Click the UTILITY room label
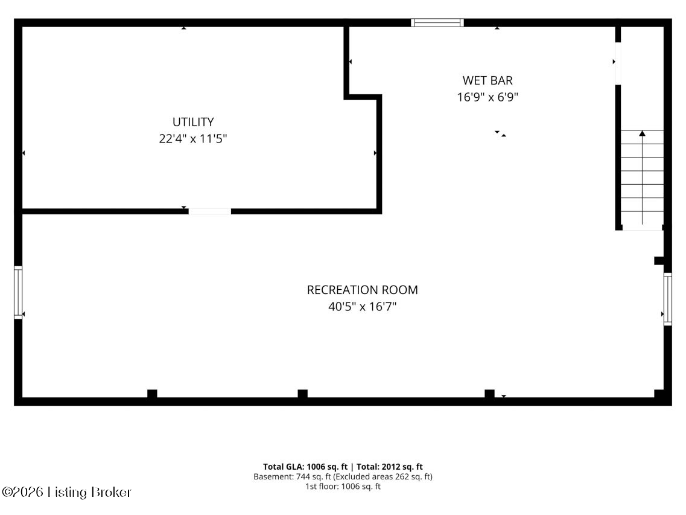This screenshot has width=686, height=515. coord(193,122)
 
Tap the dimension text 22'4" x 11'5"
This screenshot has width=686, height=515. coord(193,138)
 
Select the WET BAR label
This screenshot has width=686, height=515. coord(488,80)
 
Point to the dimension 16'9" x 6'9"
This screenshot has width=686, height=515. coord(488,97)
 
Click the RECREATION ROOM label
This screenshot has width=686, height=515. coord(362,290)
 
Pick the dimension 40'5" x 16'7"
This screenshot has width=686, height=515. coord(362,307)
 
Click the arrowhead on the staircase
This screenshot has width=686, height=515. coord(642,133)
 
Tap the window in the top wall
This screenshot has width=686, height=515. coord(437,23)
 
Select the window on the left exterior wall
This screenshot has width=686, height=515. coord(18,292)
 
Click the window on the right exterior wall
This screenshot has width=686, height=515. coord(668,299)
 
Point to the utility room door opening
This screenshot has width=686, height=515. coord(210,211)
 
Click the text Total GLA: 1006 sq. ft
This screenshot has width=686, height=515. coord(305,467)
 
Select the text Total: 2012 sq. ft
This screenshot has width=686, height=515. coord(390,467)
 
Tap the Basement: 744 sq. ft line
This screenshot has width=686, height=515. coord(343,476)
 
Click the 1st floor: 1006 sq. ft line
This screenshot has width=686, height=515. coord(343,486)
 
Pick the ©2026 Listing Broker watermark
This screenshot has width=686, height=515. coord(66,492)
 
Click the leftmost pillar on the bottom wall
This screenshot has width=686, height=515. coord(152,394)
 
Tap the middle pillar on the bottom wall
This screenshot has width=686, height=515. coord(303,394)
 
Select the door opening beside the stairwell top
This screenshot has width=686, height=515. coord(618,63)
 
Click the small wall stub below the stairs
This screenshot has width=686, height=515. coord(659,261)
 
